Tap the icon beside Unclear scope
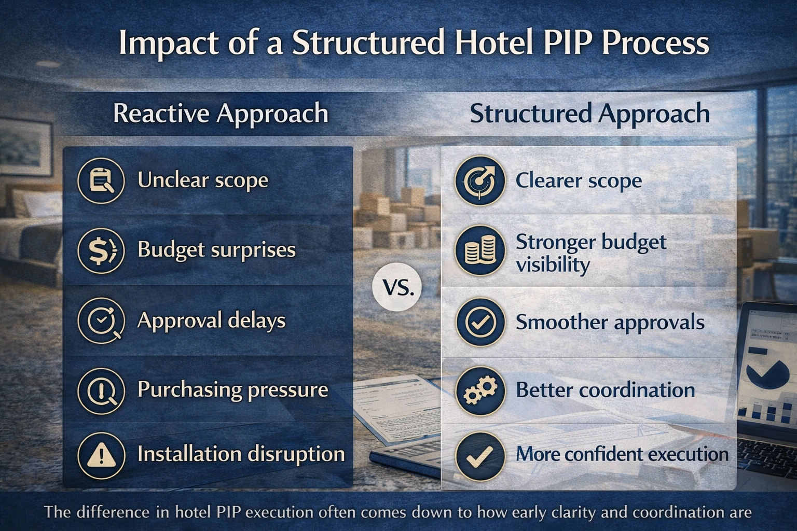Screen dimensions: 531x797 [x=101, y=181]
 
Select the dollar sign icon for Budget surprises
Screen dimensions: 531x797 [x=101, y=250]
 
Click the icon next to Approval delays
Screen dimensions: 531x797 [x=101, y=320]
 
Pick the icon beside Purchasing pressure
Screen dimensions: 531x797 [x=101, y=390]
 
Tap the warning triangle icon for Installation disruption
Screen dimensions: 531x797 [x=101, y=455]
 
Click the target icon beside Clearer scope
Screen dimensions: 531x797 [x=479, y=181]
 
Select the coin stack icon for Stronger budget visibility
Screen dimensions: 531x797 [x=479, y=250]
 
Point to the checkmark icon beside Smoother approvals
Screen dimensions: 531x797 [x=479, y=322]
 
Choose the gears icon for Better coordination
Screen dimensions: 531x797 [x=479, y=390]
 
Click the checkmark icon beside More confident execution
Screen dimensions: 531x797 [x=479, y=455]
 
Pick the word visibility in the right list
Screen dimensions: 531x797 [x=553, y=265]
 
